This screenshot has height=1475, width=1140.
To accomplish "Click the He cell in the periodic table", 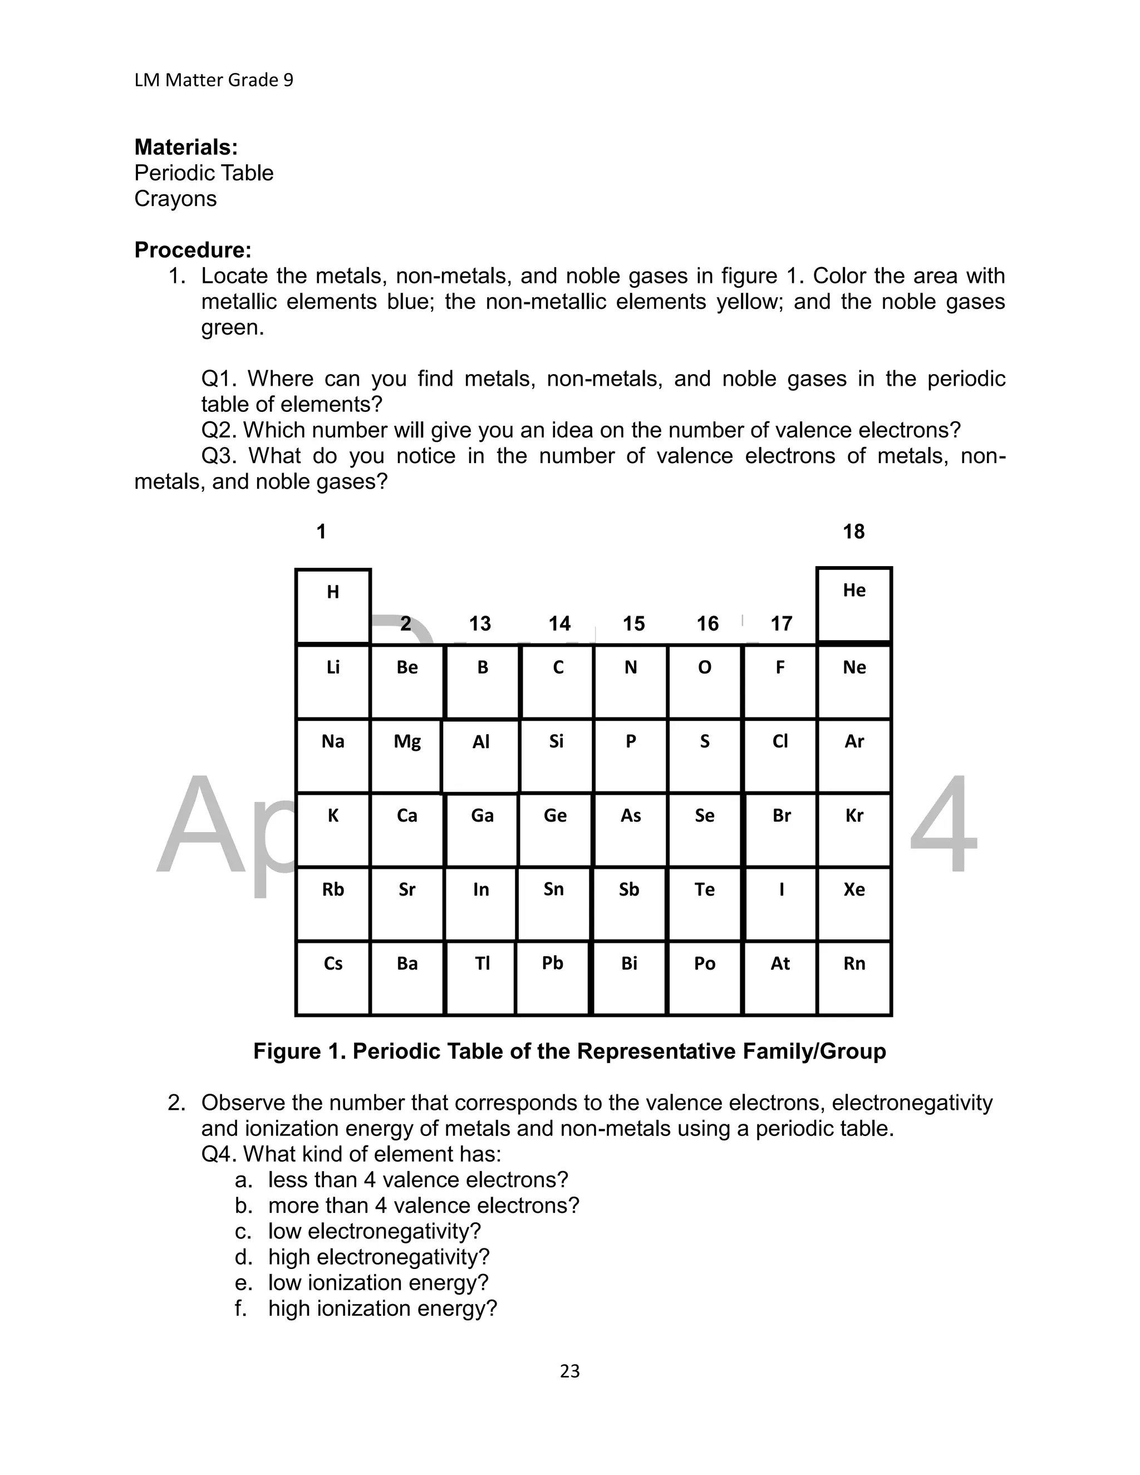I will (854, 604).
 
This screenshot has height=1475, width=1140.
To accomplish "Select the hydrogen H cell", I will (333, 606).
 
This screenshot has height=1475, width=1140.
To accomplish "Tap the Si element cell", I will (556, 755).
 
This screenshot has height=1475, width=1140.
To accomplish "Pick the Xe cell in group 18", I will (854, 903).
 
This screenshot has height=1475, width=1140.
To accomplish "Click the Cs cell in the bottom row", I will (333, 977).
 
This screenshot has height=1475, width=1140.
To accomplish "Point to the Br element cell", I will (781, 829).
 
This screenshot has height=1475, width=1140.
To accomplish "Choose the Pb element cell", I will (552, 977).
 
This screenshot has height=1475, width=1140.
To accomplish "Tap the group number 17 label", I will (781, 623).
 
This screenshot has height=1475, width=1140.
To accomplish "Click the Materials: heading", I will (186, 147).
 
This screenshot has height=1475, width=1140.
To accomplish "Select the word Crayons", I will (175, 199).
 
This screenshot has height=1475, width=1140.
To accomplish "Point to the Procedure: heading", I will (193, 250).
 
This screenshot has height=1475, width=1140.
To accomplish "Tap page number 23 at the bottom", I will (569, 1371).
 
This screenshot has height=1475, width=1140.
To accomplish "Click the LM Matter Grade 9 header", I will (213, 80).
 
